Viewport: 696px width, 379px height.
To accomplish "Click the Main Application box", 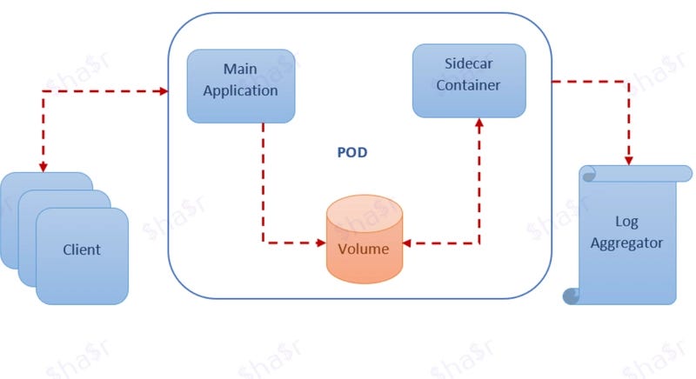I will [x=241, y=85].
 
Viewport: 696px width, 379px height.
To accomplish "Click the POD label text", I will [x=352, y=153].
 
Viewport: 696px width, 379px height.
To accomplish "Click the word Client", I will [x=82, y=249].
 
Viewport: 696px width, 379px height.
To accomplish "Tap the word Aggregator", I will [x=626, y=243].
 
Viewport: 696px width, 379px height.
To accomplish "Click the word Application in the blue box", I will [x=241, y=90].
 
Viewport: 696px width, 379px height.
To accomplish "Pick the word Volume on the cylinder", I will [x=364, y=249].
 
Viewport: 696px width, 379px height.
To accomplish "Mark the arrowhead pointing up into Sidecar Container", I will [x=478, y=124].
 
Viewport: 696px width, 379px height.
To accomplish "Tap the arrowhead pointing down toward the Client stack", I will [x=42, y=166].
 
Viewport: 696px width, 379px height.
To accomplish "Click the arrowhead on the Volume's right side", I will [x=408, y=243].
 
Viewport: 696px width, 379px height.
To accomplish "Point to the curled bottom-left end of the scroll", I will [x=572, y=296].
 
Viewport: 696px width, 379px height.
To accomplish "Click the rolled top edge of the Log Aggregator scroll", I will [x=626, y=174].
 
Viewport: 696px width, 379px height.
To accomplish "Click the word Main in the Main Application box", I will [x=241, y=69].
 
